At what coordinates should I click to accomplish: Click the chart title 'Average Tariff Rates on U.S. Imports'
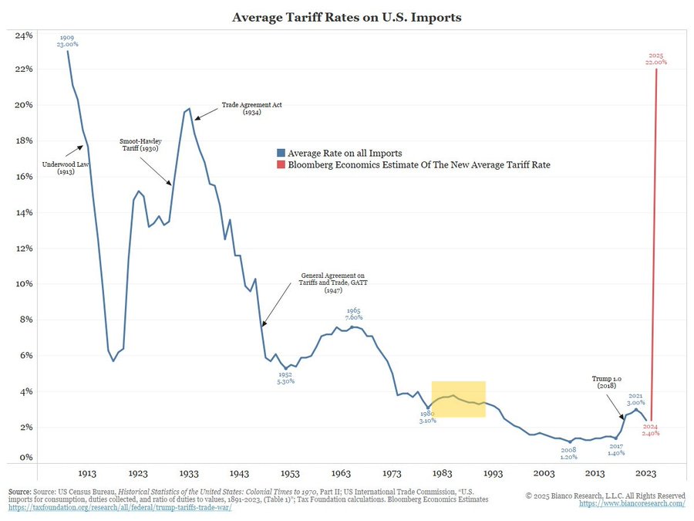click(x=347, y=16)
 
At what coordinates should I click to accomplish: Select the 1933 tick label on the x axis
click(x=190, y=473)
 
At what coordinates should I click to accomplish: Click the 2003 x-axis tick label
click(x=544, y=473)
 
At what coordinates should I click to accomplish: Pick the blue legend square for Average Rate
click(x=280, y=153)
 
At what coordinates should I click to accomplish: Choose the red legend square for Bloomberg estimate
click(x=280, y=164)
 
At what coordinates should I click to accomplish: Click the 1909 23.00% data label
click(x=67, y=40)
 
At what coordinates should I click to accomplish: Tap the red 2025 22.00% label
click(x=655, y=59)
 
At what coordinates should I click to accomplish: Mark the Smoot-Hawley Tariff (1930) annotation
click(x=140, y=146)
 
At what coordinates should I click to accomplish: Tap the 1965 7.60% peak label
click(x=354, y=314)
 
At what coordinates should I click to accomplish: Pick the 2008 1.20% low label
click(x=568, y=453)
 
